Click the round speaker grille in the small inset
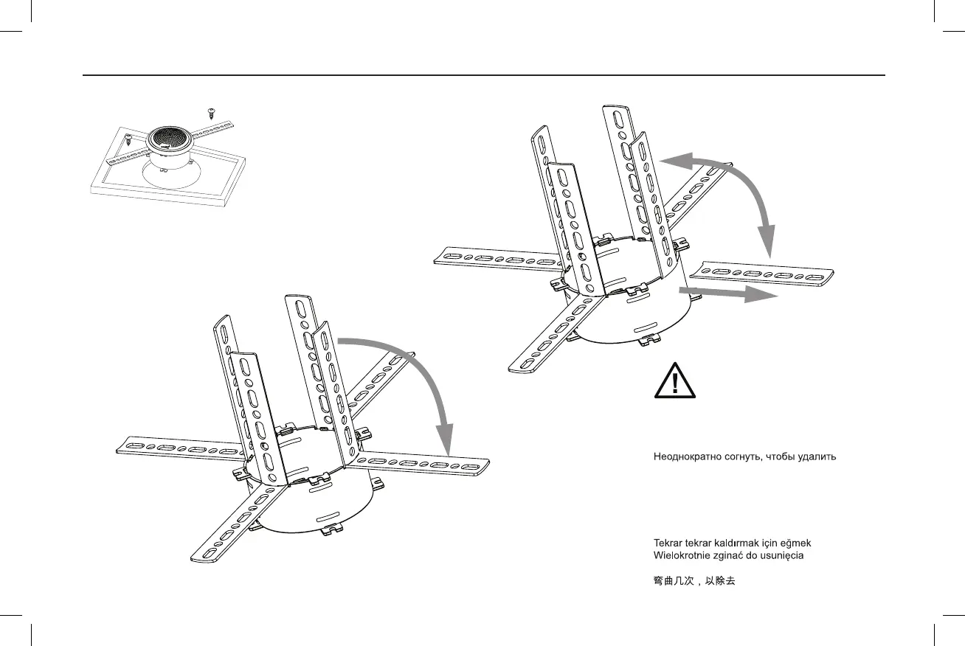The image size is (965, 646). (x=170, y=139)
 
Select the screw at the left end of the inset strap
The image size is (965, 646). (x=128, y=138)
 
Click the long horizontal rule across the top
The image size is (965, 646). (x=482, y=75)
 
